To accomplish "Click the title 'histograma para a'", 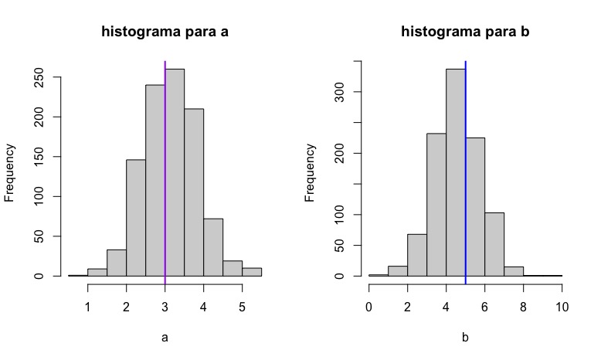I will click(165, 32).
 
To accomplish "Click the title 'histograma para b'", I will click(465, 32).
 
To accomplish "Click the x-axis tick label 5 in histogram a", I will click(242, 306).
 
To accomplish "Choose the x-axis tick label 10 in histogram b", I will click(562, 306).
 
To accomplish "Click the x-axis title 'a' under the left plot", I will click(165, 337).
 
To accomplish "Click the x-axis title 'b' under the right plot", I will click(465, 337).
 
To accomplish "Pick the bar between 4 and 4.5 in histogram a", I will click(213, 247).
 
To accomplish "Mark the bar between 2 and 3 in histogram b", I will click(417, 255).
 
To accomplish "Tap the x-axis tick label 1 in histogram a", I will click(88, 306).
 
